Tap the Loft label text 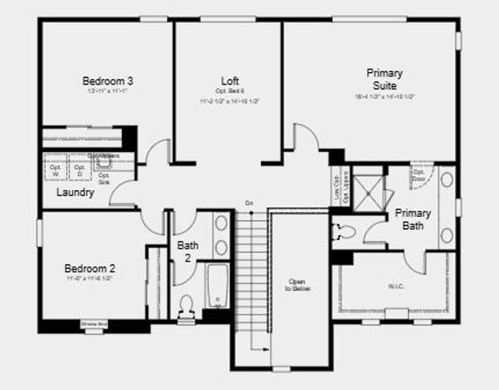click(230, 80)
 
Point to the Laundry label click(74, 193)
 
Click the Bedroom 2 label click(90, 268)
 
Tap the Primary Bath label click(412, 219)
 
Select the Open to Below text click(297, 284)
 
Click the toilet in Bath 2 click(185, 305)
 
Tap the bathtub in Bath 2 click(217, 285)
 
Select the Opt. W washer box click(55, 171)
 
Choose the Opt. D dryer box click(80, 171)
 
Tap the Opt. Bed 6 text click(230, 90)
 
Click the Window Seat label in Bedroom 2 click(93, 324)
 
